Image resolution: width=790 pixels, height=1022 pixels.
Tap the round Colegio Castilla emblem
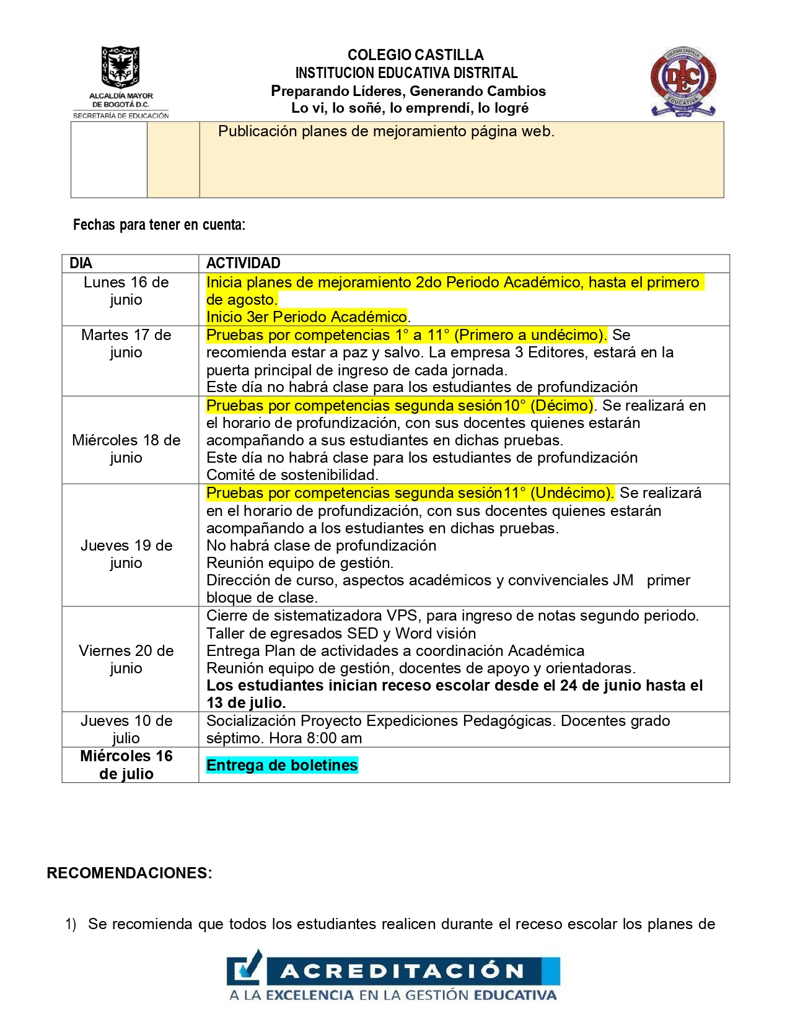683,81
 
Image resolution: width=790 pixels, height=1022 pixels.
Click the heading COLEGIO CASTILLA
415,55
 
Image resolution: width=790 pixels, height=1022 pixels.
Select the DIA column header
81,263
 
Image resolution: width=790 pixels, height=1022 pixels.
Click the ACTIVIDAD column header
243,263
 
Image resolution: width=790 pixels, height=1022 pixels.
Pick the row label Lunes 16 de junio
126,291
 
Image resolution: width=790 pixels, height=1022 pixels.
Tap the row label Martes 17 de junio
126,344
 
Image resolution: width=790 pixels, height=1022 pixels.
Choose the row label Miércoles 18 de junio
126,449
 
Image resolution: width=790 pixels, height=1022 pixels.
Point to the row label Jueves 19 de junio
126,554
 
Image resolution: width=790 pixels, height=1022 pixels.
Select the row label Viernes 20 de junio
126,660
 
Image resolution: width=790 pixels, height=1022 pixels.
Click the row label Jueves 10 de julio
126,730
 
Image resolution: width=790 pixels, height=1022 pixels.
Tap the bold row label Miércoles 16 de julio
126,765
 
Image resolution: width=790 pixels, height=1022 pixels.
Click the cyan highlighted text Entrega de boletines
282,766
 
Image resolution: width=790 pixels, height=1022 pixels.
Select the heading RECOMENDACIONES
129,873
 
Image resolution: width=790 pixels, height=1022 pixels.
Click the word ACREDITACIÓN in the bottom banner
403,971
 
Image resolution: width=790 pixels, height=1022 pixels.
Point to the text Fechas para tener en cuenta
159,225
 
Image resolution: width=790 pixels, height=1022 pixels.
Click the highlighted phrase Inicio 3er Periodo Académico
306,317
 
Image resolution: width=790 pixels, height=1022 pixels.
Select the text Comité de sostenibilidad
292,475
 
